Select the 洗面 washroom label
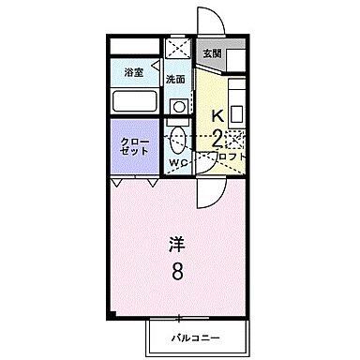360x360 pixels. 176,79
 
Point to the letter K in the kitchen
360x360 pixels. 217,117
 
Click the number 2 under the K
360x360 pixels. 217,140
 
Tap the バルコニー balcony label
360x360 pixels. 194,336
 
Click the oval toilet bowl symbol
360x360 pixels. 176,142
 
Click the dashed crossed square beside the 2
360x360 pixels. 234,141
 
